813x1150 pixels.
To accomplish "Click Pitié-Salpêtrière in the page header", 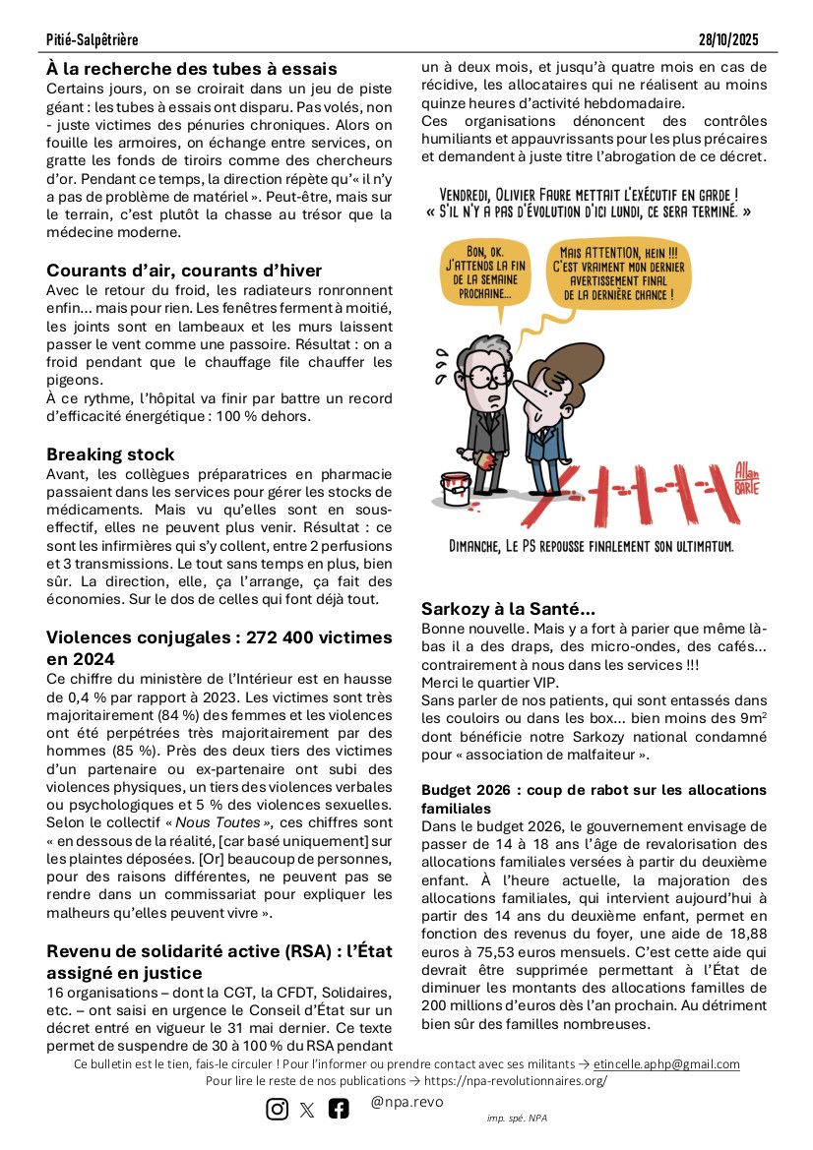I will pyautogui.click(x=92, y=39).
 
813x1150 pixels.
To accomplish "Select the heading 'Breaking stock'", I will pyautogui.click(x=110, y=454).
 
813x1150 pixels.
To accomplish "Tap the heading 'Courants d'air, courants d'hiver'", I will pyautogui.click(x=184, y=271).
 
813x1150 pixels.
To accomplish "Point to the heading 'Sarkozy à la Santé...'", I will pyautogui.click(x=508, y=609).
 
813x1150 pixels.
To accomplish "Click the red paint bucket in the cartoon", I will pyautogui.click(x=456, y=488).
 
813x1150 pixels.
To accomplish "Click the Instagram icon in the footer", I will pyautogui.click(x=278, y=1109).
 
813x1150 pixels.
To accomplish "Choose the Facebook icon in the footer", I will pyautogui.click(x=339, y=1109).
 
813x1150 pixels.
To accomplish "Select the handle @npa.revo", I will pyautogui.click(x=406, y=1103).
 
